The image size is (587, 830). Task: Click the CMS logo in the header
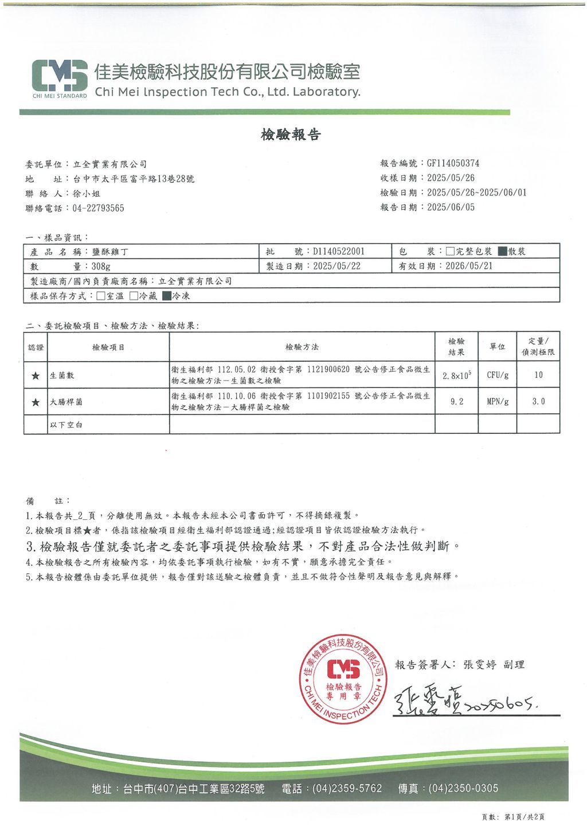[x=60, y=75]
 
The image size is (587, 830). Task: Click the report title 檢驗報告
[x=291, y=135]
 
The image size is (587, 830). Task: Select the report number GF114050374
[x=453, y=163]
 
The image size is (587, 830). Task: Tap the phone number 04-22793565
[x=98, y=208]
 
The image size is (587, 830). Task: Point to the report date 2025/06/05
[x=451, y=207]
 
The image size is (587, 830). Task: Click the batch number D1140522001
[x=338, y=251]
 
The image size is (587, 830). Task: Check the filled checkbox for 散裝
[x=502, y=251]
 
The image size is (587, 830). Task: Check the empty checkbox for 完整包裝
[x=451, y=251]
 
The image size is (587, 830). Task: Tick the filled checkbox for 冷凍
[x=167, y=296]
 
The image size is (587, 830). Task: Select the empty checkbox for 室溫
[x=101, y=296]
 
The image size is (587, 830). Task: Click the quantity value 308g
[x=101, y=266]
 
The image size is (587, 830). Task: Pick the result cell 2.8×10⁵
[x=457, y=375]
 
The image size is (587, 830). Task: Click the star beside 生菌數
[x=36, y=375]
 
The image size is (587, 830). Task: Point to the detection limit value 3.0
[x=538, y=402]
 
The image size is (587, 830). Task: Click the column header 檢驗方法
[x=302, y=347]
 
